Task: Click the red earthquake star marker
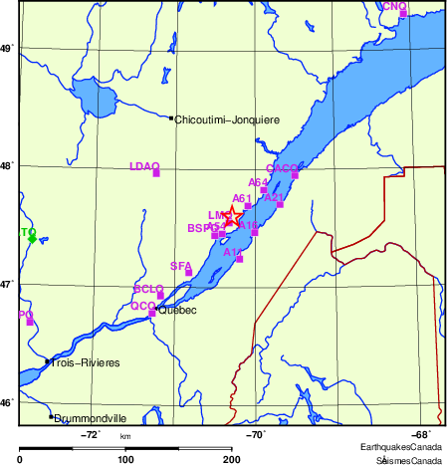(x=230, y=216)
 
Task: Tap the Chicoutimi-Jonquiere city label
(x=227, y=119)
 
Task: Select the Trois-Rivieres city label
(x=86, y=363)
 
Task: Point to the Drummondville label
(x=91, y=419)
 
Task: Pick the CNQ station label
(x=394, y=6)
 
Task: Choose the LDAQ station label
(x=144, y=166)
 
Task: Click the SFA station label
(x=180, y=266)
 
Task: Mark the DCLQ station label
(x=147, y=288)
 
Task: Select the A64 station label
(x=258, y=182)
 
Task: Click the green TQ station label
(x=28, y=231)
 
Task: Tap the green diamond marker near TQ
(x=32, y=239)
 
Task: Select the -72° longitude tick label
(x=90, y=433)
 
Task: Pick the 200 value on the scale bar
(x=232, y=459)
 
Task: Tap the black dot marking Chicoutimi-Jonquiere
(x=171, y=118)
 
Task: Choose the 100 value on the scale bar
(x=125, y=459)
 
